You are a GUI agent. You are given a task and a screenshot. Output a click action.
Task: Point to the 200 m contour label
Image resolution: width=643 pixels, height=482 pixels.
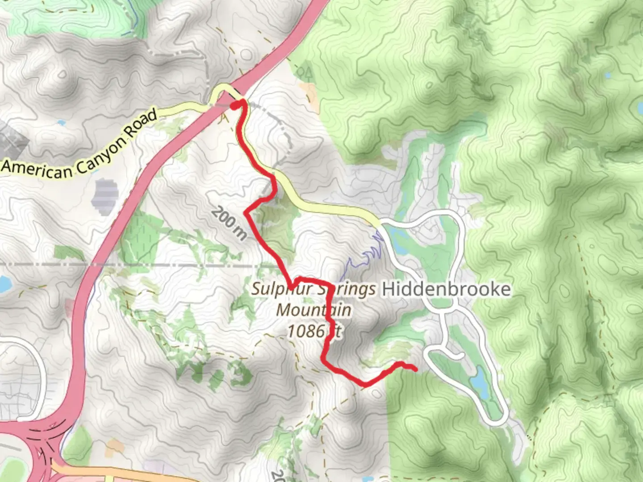click(229, 223)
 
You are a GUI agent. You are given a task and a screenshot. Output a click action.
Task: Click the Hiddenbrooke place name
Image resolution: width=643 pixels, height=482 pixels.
click(446, 289)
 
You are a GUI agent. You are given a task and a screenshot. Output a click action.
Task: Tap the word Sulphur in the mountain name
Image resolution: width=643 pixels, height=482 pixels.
click(281, 289)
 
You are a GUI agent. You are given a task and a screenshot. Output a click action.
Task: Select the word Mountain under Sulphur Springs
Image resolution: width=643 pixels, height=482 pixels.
click(313, 310)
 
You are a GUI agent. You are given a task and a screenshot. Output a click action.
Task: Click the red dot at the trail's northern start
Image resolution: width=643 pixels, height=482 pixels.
click(235, 105)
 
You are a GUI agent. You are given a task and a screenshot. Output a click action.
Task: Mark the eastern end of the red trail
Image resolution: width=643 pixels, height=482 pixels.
click(415, 369)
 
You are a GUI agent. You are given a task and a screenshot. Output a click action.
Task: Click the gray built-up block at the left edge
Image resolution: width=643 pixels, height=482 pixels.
click(11, 141)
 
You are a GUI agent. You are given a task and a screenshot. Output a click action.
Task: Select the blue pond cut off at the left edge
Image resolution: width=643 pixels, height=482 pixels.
click(4, 284)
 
